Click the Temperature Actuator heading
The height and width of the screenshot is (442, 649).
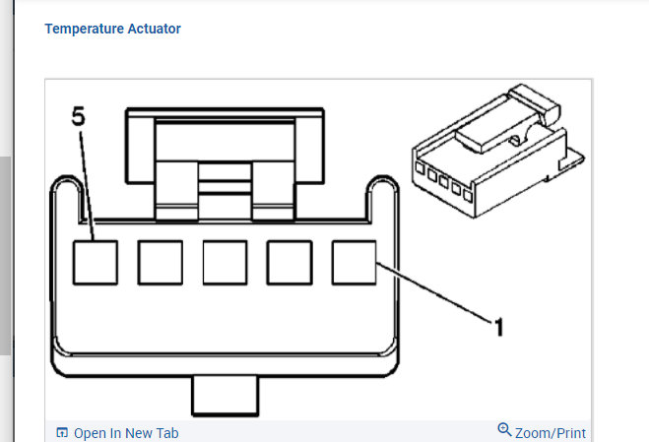[112, 29]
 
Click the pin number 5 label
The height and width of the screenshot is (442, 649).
[79, 116]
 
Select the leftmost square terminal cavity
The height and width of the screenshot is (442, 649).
[96, 262]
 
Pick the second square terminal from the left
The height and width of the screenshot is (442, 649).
[160, 262]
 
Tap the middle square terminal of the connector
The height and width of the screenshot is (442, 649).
[225, 262]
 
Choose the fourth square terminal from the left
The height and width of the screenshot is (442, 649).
[291, 262]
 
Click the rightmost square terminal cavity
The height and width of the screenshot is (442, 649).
[355, 262]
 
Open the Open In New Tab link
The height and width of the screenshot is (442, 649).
[126, 433]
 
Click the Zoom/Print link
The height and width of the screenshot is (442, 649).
[551, 432]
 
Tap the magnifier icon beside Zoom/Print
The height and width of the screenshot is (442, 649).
[505, 430]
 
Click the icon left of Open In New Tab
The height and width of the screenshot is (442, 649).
[62, 433]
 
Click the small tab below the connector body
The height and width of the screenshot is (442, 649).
[225, 396]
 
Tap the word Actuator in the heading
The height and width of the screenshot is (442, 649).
[153, 29]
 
